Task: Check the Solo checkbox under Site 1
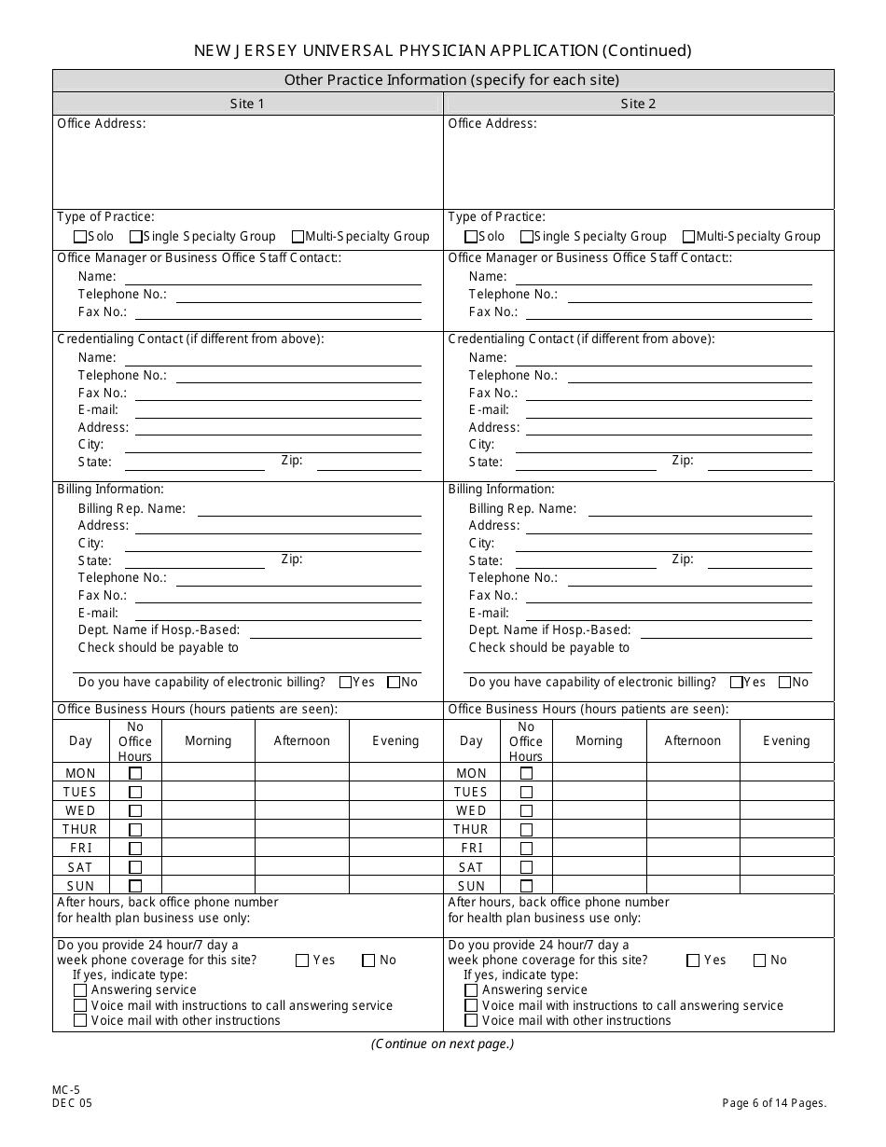click(x=80, y=237)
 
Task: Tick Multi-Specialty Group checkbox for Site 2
click(x=689, y=237)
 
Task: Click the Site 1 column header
click(x=247, y=104)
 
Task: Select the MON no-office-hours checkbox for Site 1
click(x=135, y=773)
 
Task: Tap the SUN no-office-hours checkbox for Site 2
click(x=526, y=886)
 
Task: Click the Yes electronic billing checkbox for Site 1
click(x=346, y=683)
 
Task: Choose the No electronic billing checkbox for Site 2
click(x=784, y=683)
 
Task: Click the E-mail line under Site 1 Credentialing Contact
click(x=278, y=410)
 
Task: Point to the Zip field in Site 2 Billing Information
click(x=755, y=560)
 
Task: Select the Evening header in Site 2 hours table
click(x=786, y=740)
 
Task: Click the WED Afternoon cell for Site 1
click(x=301, y=810)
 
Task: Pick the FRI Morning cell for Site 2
click(x=599, y=848)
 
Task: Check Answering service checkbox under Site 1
click(x=80, y=990)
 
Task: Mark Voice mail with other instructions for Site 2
click(x=471, y=1020)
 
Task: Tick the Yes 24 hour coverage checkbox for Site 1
click(x=303, y=960)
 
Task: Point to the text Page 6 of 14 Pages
click(x=774, y=1103)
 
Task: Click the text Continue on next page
click(x=442, y=1043)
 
